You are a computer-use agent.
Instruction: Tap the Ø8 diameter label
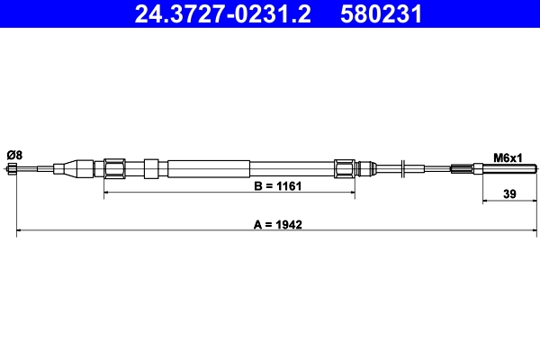coord(14,155)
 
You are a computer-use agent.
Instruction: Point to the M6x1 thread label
coord(508,157)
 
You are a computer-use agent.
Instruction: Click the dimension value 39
coord(509,193)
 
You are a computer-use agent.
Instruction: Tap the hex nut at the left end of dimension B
coord(114,168)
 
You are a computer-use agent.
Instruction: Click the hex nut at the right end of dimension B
coord(344,168)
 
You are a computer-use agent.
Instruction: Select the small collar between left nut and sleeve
coord(151,168)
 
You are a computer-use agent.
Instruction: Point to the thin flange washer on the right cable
coord(406,168)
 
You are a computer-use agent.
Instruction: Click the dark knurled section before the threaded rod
coord(461,168)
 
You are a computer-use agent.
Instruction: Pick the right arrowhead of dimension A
coord(534,232)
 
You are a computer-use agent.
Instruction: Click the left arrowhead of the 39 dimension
coord(486,201)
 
